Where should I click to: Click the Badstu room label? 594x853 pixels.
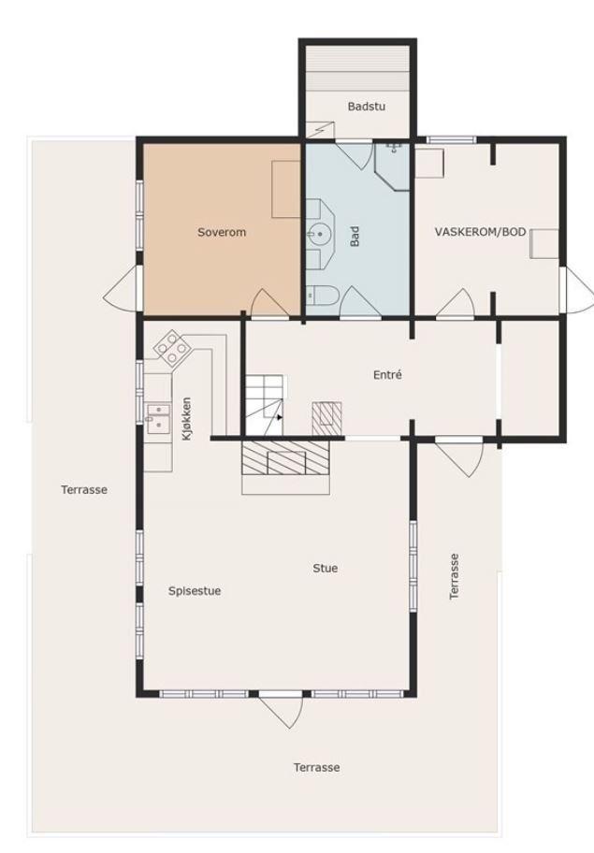pos(366,106)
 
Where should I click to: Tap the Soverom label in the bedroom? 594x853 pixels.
pos(222,232)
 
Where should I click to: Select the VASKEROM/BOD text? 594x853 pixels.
pos(480,232)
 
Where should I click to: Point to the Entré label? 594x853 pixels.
pos(387,375)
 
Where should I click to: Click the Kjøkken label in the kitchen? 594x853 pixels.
pos(186,418)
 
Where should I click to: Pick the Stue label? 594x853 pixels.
pos(326,568)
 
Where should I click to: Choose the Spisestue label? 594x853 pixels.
pos(195,591)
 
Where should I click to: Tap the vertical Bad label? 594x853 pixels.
pos(355,237)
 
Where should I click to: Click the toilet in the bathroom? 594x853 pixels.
pos(323,296)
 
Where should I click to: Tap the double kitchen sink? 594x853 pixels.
pos(158,417)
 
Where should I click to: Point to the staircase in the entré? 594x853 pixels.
pos(264,405)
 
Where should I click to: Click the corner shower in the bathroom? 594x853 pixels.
pos(392,166)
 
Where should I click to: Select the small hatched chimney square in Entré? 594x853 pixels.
pos(326,418)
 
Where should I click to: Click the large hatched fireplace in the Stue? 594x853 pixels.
pos(285,457)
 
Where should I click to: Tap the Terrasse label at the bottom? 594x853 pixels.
pos(316,768)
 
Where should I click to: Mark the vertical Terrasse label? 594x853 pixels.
pos(455,577)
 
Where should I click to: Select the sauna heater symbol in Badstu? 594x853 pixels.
pos(321,129)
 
